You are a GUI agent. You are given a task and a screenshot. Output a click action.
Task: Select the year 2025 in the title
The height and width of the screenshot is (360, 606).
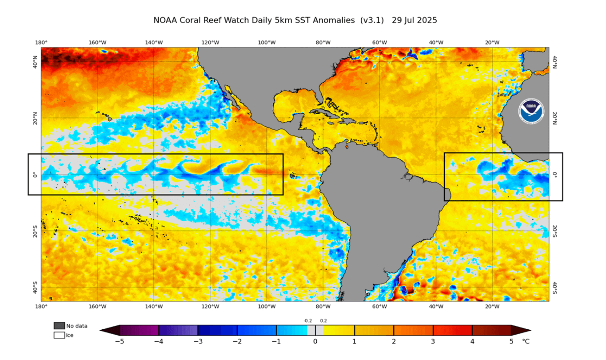point(427,20)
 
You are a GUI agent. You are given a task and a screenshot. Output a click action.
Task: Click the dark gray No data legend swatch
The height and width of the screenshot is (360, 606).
point(59,326)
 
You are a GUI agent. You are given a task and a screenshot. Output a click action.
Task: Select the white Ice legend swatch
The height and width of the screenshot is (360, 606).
point(59,336)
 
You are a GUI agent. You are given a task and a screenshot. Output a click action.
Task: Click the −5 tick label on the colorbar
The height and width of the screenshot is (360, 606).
point(119,342)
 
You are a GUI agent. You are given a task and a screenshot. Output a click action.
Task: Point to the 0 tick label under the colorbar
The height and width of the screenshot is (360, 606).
point(315,342)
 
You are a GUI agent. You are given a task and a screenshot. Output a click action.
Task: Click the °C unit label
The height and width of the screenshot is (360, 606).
point(526,342)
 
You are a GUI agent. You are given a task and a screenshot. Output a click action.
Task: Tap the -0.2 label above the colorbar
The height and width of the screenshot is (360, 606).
point(307,320)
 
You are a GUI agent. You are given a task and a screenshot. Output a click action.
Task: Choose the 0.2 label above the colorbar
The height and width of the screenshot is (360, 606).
point(323,320)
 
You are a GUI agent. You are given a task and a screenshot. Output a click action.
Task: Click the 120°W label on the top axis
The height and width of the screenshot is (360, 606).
point(210,43)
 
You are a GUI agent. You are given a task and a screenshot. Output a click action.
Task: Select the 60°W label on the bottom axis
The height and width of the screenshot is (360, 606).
point(379,306)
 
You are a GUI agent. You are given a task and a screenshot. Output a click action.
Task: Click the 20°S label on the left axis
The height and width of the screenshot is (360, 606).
point(35,231)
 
